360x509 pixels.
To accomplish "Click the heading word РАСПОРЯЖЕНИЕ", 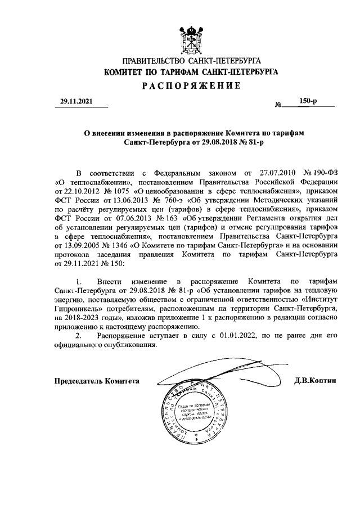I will (x=191, y=85).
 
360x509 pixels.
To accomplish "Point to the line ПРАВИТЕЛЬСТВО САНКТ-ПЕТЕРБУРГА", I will (x=191, y=60).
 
